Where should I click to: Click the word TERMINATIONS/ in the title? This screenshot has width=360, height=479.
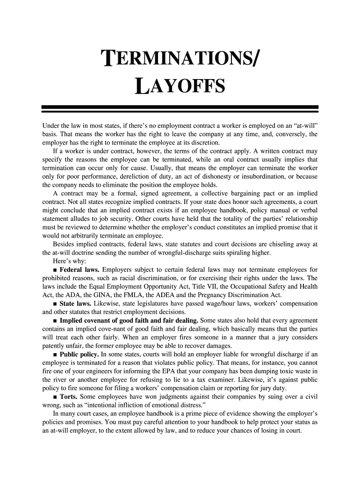(180, 60)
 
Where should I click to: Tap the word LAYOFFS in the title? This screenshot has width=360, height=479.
(180, 87)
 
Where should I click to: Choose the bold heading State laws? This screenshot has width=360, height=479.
(75, 303)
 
